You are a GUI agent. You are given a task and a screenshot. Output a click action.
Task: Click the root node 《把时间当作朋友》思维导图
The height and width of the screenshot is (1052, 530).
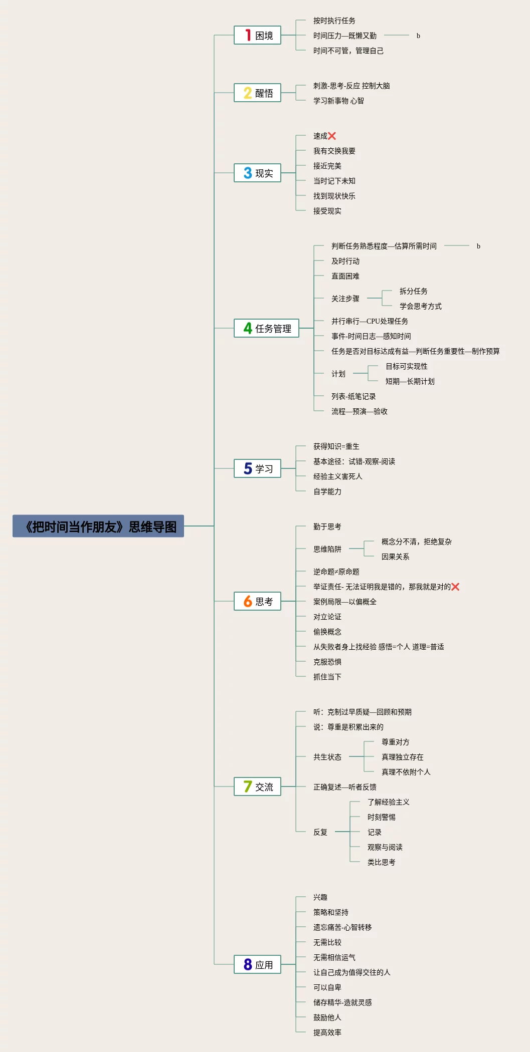point(98,527)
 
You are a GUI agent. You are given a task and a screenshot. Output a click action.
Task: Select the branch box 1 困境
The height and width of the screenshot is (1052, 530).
point(257,36)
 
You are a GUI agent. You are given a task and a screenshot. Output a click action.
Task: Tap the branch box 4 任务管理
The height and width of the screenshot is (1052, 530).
point(266,329)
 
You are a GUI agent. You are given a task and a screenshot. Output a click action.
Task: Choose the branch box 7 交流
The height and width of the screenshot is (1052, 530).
point(257,787)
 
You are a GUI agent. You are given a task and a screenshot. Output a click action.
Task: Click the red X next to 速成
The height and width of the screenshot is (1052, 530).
point(332,136)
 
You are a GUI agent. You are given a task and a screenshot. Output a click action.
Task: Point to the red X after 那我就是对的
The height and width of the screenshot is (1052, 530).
point(455,587)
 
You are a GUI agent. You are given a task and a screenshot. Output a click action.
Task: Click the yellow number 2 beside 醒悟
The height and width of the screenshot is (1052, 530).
point(248,93)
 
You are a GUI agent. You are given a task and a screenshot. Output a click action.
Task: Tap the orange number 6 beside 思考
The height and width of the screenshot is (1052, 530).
point(248,602)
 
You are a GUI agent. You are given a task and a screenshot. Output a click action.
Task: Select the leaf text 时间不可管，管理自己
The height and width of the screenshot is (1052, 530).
point(348,51)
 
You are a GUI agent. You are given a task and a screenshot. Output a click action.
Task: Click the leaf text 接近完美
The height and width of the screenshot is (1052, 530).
point(327,166)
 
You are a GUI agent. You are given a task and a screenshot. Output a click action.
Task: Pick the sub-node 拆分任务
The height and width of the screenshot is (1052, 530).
point(413,291)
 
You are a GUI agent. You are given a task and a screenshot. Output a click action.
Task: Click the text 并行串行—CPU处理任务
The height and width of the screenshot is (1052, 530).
point(370,321)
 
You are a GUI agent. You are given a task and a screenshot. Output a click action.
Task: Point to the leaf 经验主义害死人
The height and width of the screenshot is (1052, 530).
point(337,476)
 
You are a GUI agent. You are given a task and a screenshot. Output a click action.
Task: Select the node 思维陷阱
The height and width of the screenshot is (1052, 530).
point(327,549)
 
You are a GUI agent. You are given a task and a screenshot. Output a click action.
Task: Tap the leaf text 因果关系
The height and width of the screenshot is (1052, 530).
point(395,557)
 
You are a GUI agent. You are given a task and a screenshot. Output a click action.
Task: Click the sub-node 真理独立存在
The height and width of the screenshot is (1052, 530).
point(402,757)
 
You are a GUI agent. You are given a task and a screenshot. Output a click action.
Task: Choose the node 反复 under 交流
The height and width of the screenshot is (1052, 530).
point(320,832)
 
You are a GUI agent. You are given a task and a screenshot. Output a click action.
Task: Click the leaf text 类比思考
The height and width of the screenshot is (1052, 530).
point(381,862)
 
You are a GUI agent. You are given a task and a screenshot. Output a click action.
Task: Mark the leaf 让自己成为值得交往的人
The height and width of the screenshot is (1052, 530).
point(351,972)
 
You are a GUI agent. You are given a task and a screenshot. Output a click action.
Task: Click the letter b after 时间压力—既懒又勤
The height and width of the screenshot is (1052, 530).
point(418,36)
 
